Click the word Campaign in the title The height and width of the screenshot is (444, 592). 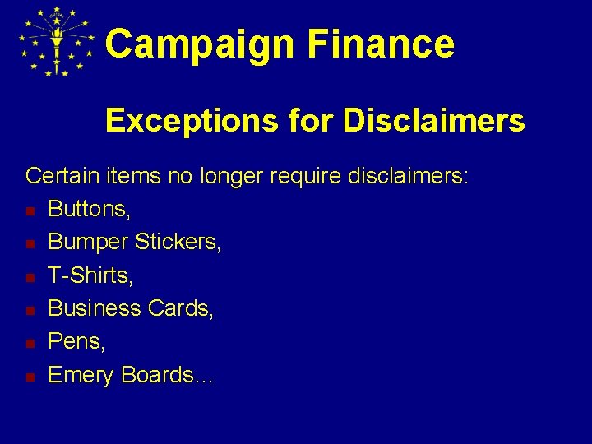tap(200, 44)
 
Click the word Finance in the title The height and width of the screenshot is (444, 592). tap(381, 44)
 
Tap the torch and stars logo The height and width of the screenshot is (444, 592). tap(57, 42)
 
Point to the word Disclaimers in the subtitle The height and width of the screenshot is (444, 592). tap(433, 122)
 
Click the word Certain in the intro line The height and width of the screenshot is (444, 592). tap(59, 175)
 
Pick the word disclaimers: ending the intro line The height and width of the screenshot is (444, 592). tap(409, 175)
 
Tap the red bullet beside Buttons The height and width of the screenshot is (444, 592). tap(30, 211)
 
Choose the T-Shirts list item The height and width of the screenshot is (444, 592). tap(90, 275)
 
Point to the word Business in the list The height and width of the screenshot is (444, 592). tap(95, 308)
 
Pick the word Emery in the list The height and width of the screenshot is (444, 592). tap(81, 375)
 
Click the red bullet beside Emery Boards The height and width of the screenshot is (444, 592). tap(30, 377)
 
